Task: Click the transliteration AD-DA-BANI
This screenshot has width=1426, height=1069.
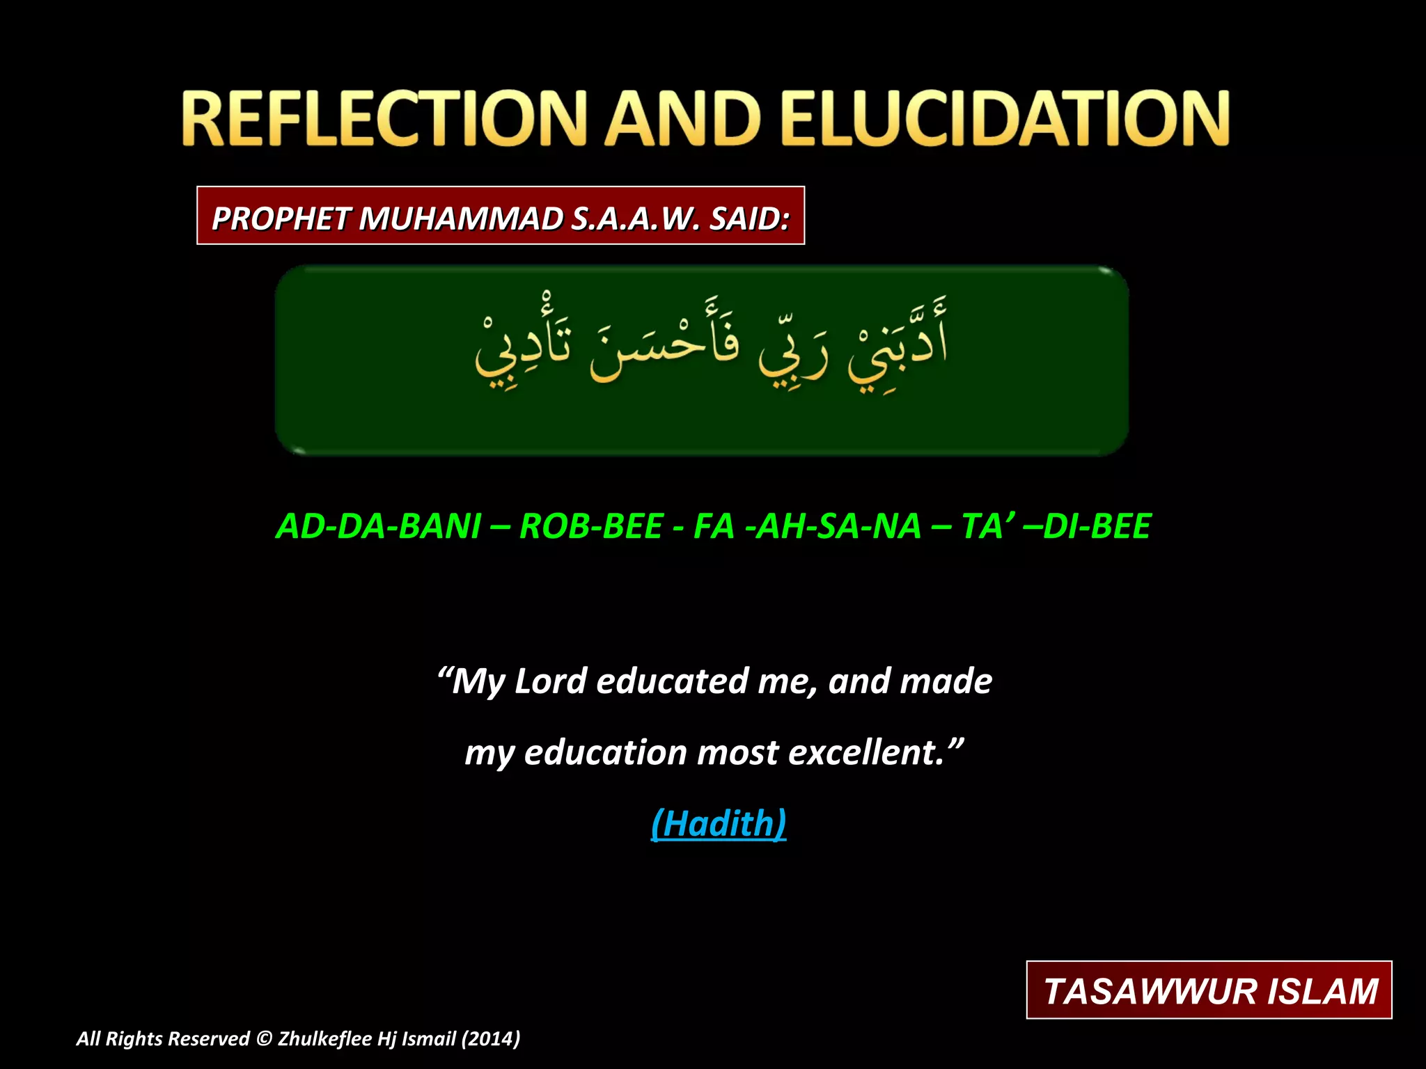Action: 379,526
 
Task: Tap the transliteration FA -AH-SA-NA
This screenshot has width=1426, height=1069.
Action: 807,526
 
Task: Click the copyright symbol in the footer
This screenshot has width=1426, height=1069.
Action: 263,1039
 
